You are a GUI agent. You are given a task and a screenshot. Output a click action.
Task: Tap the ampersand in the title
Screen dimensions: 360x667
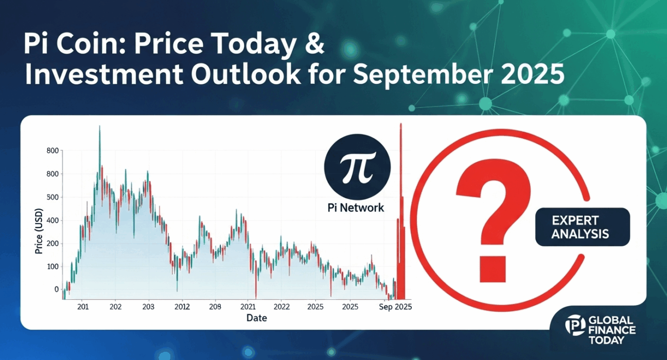pos(314,46)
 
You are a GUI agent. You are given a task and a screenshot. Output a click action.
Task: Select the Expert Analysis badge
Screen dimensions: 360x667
pos(582,227)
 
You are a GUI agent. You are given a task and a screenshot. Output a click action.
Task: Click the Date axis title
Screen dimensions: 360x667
pos(256,318)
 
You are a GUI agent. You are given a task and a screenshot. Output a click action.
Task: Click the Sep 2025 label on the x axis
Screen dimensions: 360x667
pos(395,307)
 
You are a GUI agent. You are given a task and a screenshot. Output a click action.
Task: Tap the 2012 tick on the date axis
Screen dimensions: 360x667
pos(182,307)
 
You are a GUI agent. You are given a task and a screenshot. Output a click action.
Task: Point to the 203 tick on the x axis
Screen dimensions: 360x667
pos(149,307)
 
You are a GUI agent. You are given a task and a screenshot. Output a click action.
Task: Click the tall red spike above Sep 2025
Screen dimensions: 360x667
pos(400,206)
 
